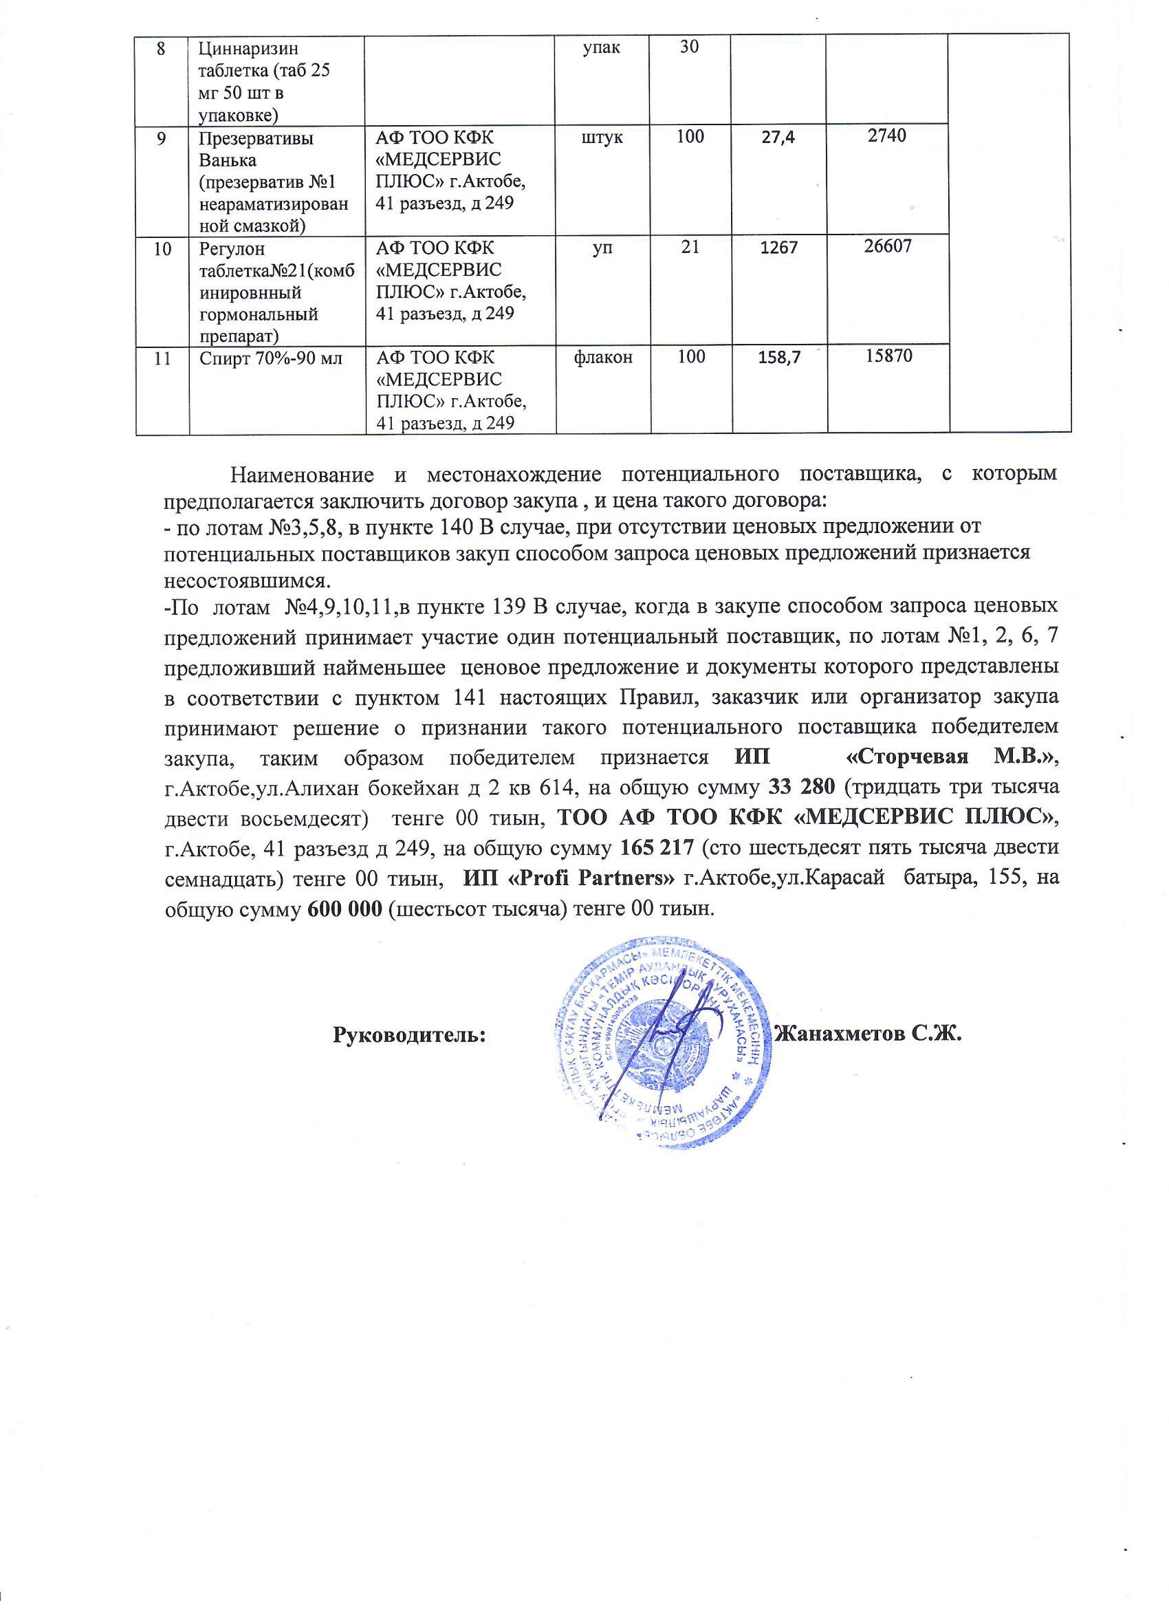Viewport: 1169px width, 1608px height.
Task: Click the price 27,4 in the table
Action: (778, 138)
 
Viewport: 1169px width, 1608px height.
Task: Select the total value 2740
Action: (887, 136)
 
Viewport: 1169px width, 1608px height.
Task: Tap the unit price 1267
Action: (778, 248)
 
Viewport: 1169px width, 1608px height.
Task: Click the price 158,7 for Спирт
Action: (778, 358)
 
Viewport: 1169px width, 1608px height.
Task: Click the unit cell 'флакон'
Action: (602, 357)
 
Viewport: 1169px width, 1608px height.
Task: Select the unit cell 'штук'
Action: (602, 136)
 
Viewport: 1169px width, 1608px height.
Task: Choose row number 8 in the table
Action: (162, 47)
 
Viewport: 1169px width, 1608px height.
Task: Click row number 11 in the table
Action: (162, 358)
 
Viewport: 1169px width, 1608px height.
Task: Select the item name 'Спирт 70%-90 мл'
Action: (271, 358)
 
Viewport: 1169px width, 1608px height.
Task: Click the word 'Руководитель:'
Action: (409, 1034)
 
